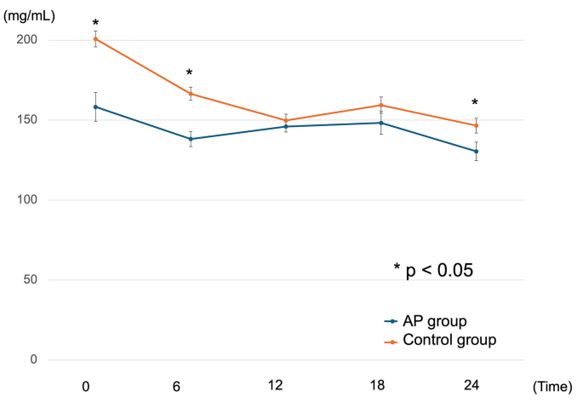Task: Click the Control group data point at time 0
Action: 95,38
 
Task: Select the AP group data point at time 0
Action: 95,107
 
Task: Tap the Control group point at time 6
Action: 191,94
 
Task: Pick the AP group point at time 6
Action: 191,139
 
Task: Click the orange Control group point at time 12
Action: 286,120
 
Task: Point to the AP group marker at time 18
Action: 380,123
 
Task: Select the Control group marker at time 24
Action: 476,125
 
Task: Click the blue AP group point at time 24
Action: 476,151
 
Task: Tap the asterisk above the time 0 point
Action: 95,24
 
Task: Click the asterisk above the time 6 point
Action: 189,74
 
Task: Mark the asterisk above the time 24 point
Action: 474,103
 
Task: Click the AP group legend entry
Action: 436,321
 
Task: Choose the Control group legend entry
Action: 449,340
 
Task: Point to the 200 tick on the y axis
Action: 27,40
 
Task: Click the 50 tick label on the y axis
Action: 31,279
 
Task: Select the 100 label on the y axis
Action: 27,199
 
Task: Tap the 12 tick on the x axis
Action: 275,386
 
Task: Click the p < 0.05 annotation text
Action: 433,270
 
